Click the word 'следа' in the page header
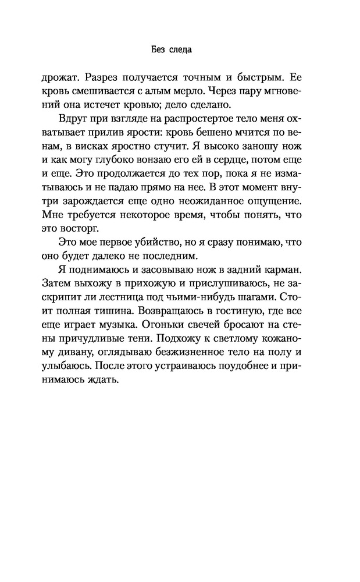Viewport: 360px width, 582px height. [x=183, y=51]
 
